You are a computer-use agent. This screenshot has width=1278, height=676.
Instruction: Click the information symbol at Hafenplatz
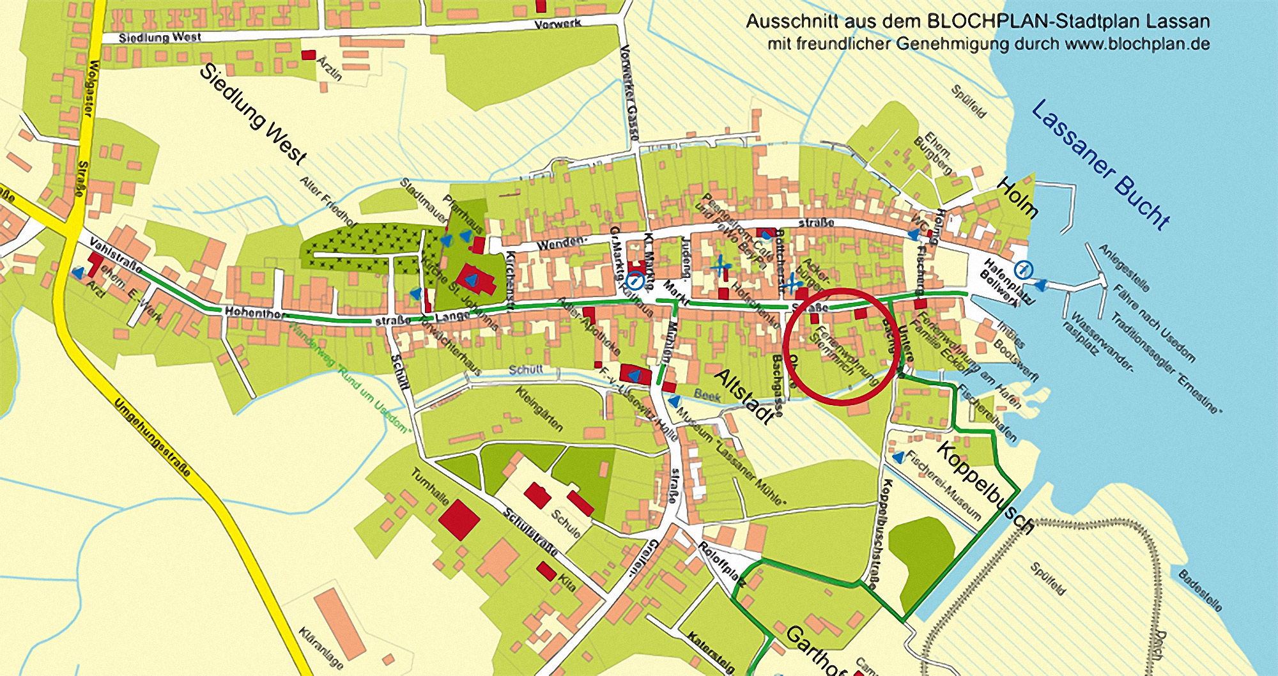coord(1024,270)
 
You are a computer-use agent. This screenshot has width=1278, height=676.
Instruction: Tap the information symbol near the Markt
coord(635,280)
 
